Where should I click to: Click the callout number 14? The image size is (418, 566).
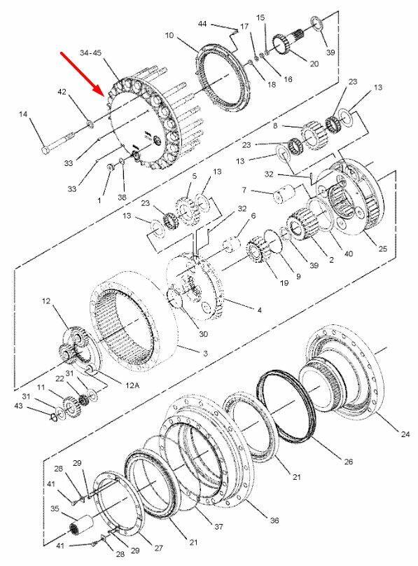point(23,114)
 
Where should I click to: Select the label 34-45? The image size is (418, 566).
point(90,53)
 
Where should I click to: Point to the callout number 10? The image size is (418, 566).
point(169,35)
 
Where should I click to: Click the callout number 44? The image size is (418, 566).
point(202,24)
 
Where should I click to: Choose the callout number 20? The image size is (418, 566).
point(314,64)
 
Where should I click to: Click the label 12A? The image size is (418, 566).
point(132,386)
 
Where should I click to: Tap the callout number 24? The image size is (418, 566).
point(405,434)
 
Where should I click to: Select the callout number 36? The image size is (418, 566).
point(274,520)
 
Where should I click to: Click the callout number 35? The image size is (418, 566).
point(55,509)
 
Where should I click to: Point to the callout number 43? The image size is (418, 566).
point(18,406)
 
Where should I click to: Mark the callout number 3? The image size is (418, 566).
point(205,354)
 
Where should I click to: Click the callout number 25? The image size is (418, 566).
point(382,249)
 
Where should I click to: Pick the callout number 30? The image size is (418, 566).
point(204,334)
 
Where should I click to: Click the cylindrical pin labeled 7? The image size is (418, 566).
point(284,194)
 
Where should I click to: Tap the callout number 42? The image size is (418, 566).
point(62,92)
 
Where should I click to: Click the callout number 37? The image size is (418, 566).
point(218,527)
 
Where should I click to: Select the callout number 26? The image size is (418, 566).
point(349,462)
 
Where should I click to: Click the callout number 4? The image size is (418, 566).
point(259,310)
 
